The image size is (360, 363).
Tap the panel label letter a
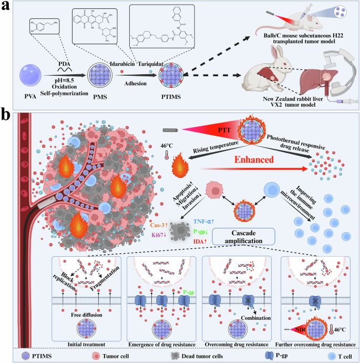(6, 6)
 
